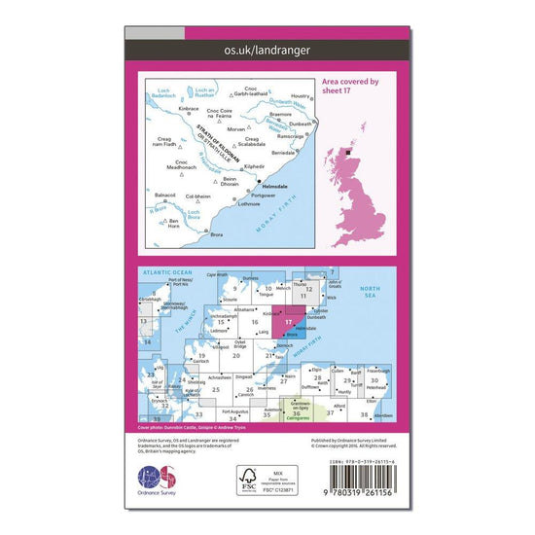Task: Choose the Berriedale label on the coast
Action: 282,154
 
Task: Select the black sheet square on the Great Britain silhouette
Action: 352,152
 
